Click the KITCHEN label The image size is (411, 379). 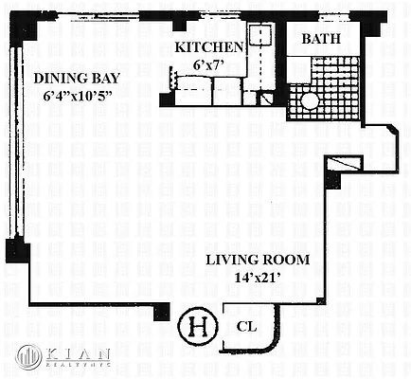tap(211, 47)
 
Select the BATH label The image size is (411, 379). tap(324, 39)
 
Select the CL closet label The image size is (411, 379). tap(247, 327)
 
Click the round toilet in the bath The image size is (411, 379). tap(310, 101)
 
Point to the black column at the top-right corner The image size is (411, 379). tap(359, 20)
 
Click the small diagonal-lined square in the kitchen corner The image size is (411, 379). tap(266, 97)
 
